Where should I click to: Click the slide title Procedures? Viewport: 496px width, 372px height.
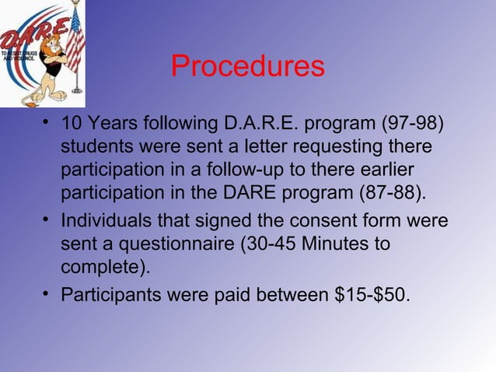247,67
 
